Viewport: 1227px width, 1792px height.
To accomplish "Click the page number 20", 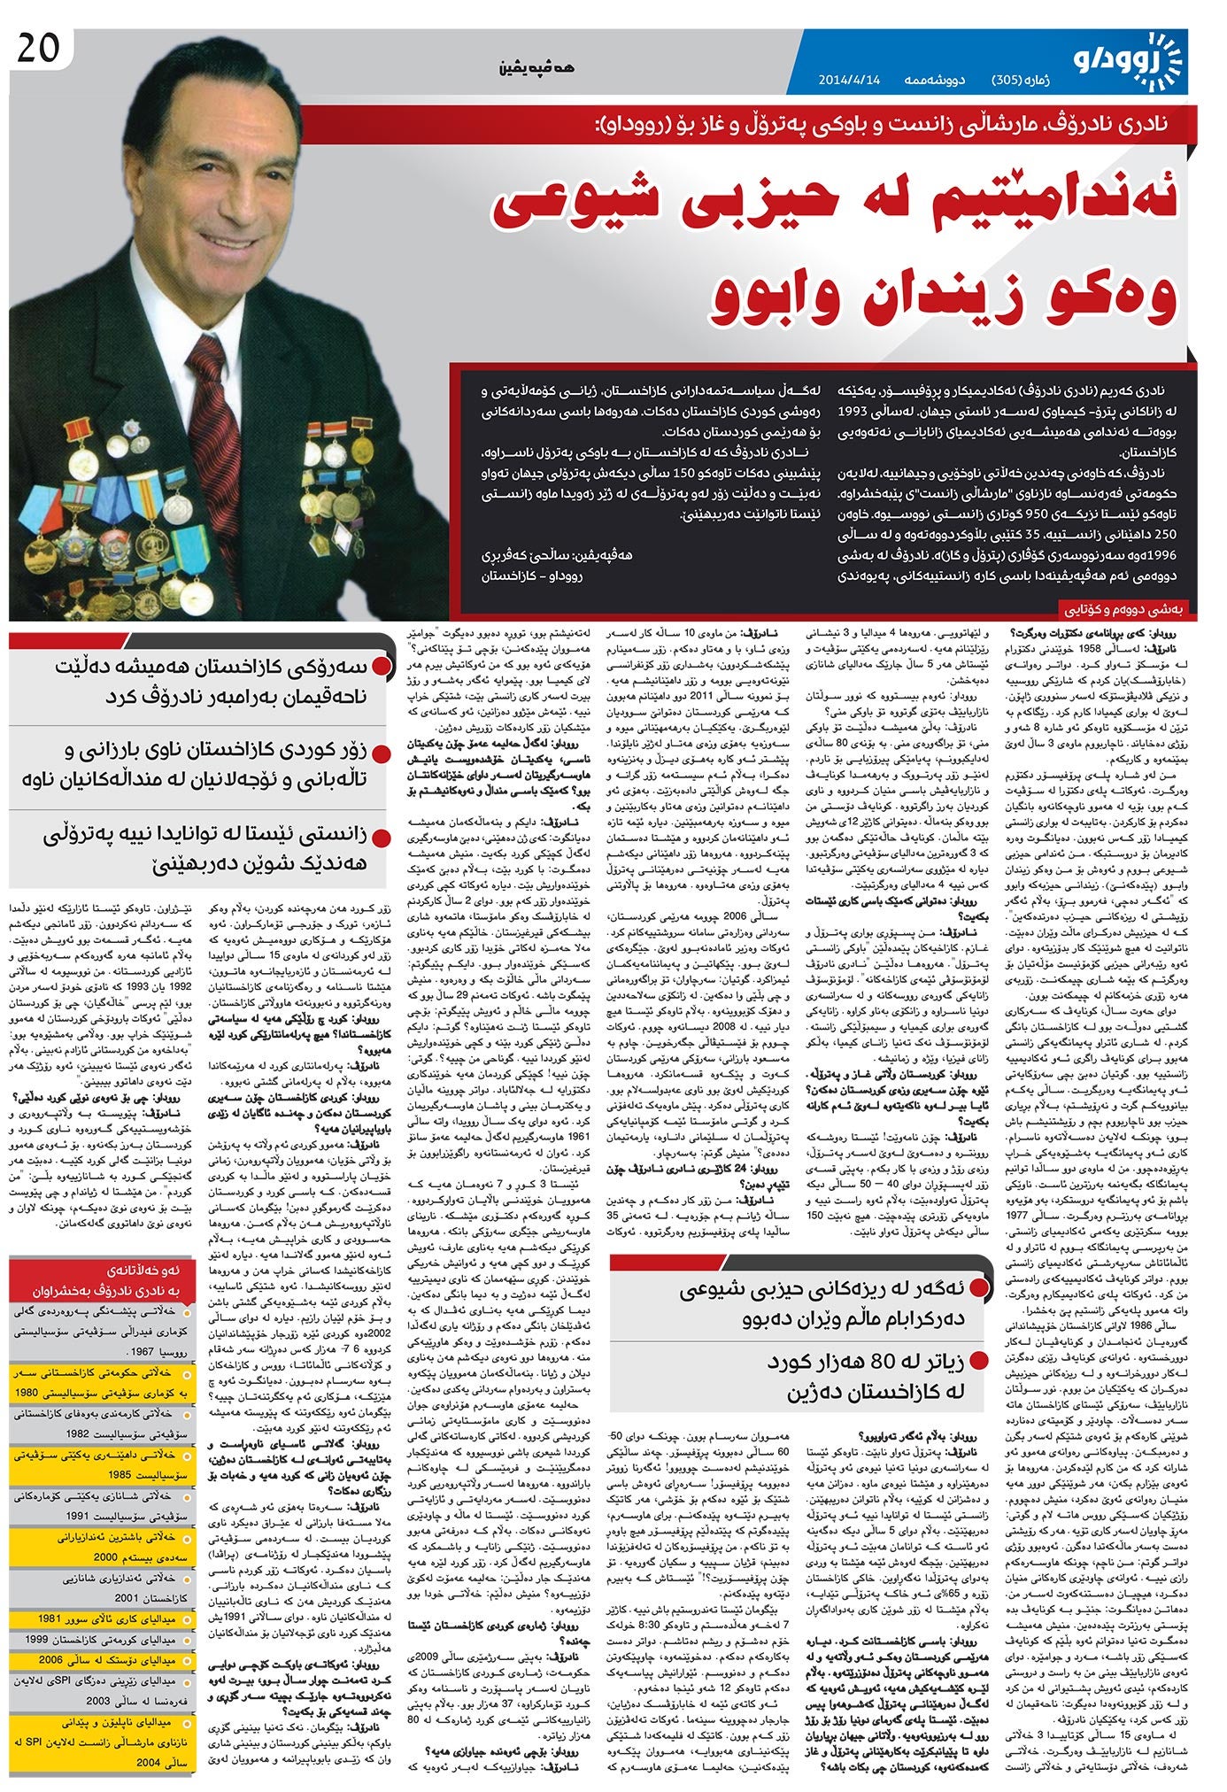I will pyautogui.click(x=37, y=47).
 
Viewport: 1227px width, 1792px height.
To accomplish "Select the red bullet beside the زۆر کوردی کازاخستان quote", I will pyautogui.click(x=382, y=753).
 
